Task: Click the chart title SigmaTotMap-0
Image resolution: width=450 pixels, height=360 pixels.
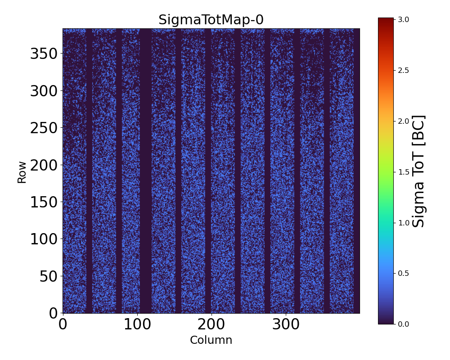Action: (211, 20)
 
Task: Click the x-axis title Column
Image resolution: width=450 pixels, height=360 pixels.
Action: (211, 340)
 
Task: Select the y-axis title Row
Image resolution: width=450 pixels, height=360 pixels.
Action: (22, 172)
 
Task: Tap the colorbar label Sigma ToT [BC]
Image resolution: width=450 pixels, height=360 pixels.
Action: (419, 171)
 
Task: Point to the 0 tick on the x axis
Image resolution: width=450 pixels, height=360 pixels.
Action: (63, 324)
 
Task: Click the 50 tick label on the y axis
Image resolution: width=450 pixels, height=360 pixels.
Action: (49, 276)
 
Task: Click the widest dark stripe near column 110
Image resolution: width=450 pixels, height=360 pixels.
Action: (145, 171)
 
